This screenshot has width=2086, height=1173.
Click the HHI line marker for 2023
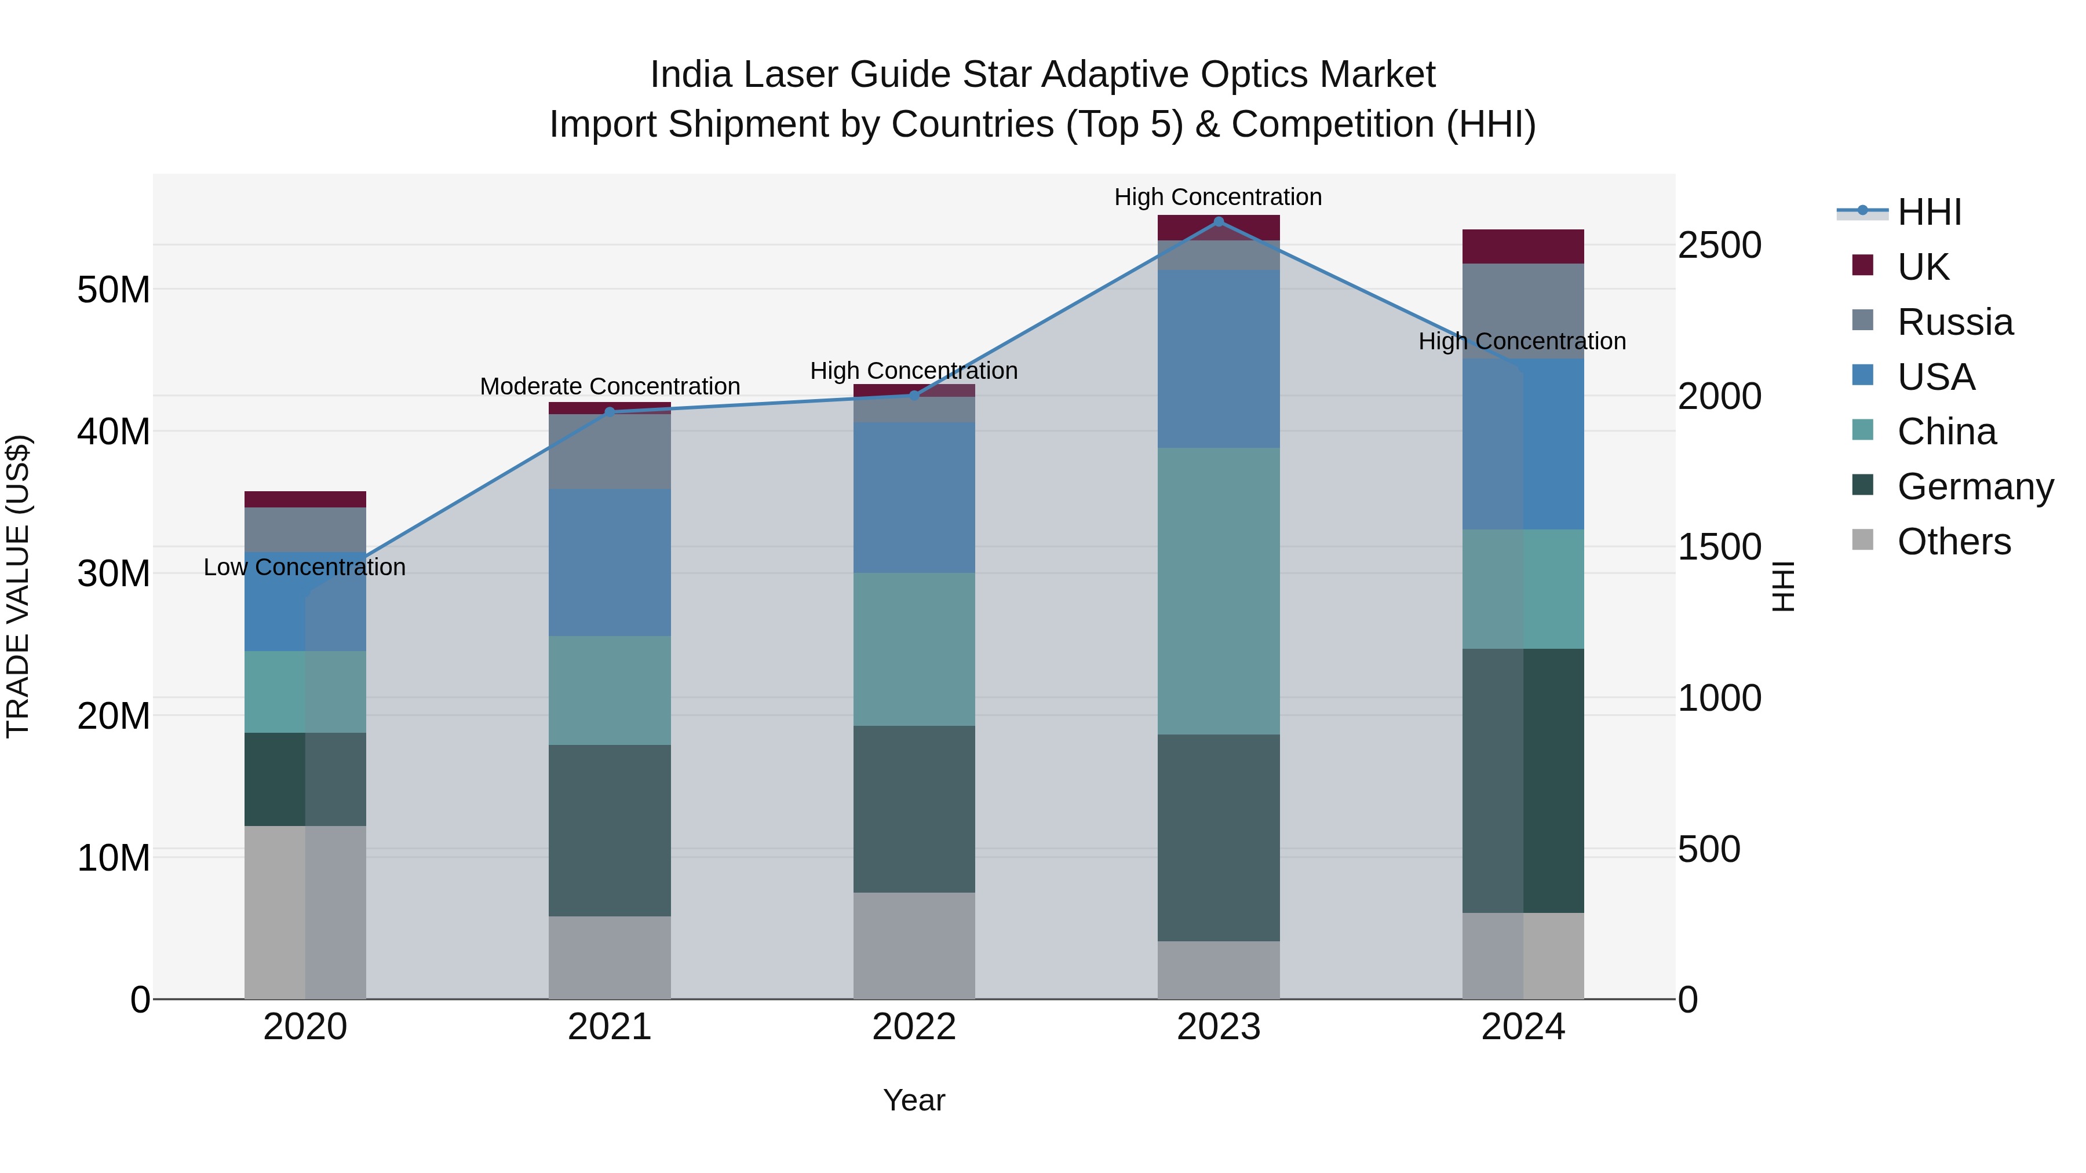click(x=1218, y=221)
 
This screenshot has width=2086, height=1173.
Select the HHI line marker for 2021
click(x=610, y=412)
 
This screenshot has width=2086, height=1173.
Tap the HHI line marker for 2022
click(x=914, y=396)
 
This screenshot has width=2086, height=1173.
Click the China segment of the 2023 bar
click(x=1218, y=591)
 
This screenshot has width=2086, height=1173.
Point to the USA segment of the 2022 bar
click(x=914, y=497)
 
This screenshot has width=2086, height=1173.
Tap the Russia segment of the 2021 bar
click(x=610, y=452)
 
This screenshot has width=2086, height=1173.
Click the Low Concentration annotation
click(x=304, y=568)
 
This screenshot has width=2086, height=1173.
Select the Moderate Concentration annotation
click(x=610, y=386)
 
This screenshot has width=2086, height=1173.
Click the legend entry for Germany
click(x=1974, y=487)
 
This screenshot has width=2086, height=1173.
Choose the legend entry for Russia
click(x=1954, y=322)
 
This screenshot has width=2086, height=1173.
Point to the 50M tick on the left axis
click(x=114, y=290)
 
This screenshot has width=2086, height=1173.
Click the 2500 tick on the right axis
click(x=1719, y=245)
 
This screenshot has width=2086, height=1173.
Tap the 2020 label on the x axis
click(x=305, y=1027)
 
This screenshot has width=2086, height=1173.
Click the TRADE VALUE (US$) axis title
click(x=18, y=586)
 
